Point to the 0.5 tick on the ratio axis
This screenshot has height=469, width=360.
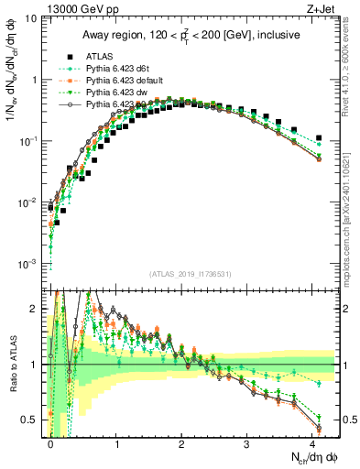(31, 420)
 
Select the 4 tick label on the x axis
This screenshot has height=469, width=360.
(312, 442)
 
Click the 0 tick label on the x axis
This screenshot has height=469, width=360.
(51, 442)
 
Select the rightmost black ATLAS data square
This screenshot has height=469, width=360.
(319, 138)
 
